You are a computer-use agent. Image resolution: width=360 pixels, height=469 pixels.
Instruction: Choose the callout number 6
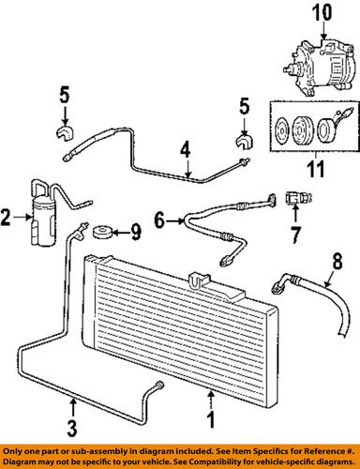pos(160,220)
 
